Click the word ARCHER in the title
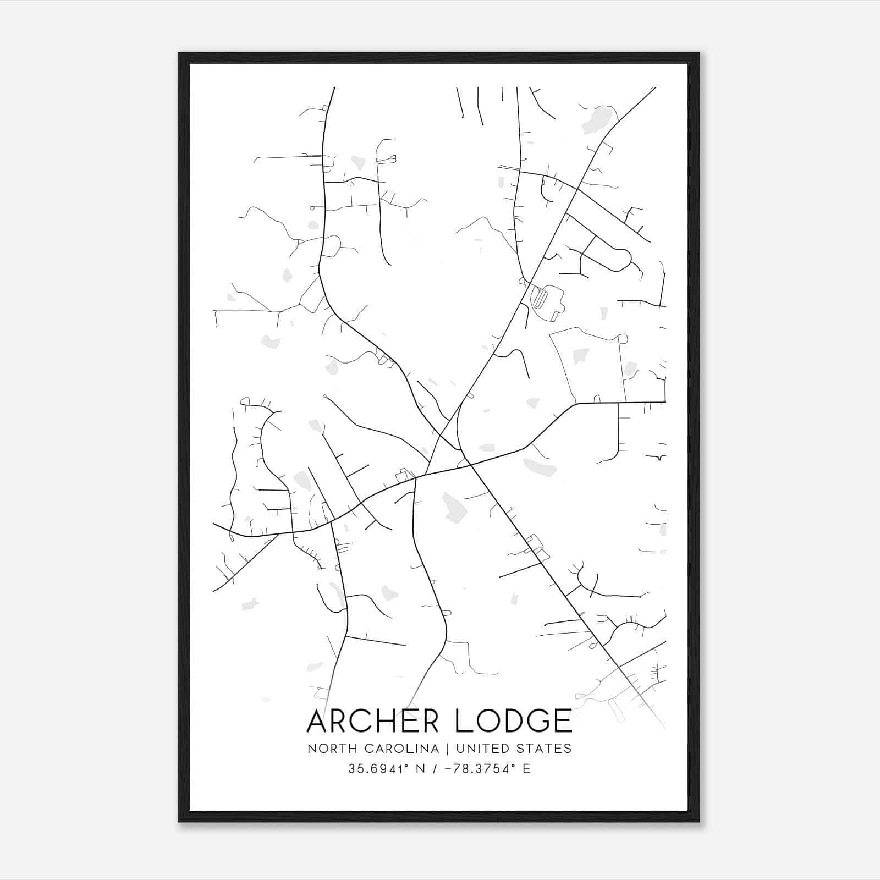[377, 721]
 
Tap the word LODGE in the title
[514, 721]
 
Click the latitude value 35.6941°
[379, 769]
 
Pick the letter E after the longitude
[527, 769]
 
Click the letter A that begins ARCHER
[318, 721]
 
